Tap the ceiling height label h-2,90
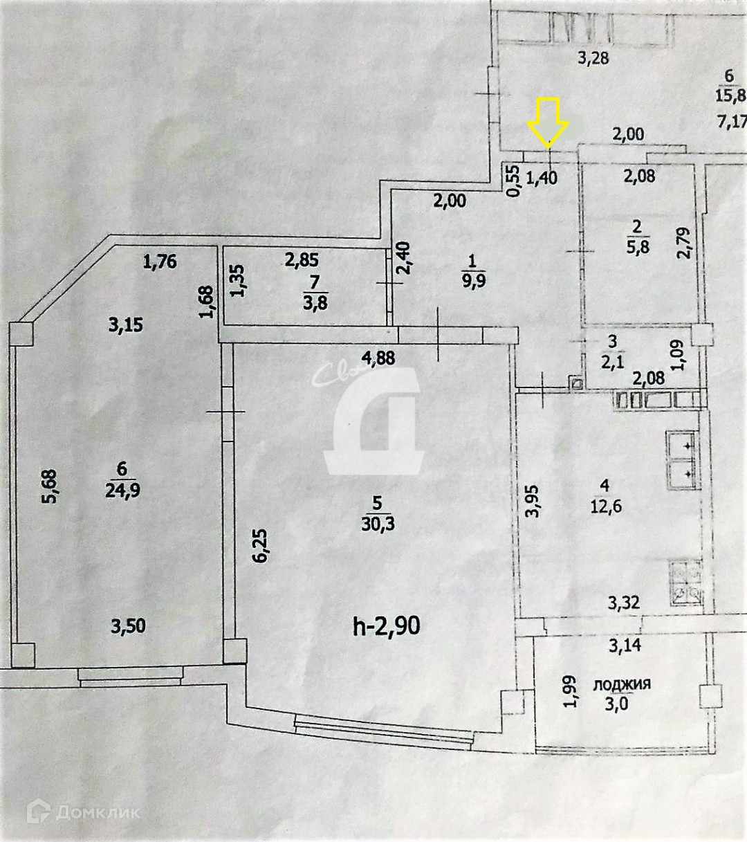click(x=386, y=627)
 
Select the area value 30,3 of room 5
click(x=378, y=524)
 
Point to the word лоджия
click(x=622, y=684)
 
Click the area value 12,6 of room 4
click(x=605, y=506)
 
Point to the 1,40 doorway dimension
click(x=542, y=177)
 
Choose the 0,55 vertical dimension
click(x=513, y=180)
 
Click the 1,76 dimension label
click(x=160, y=262)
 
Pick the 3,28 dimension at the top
click(x=593, y=58)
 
